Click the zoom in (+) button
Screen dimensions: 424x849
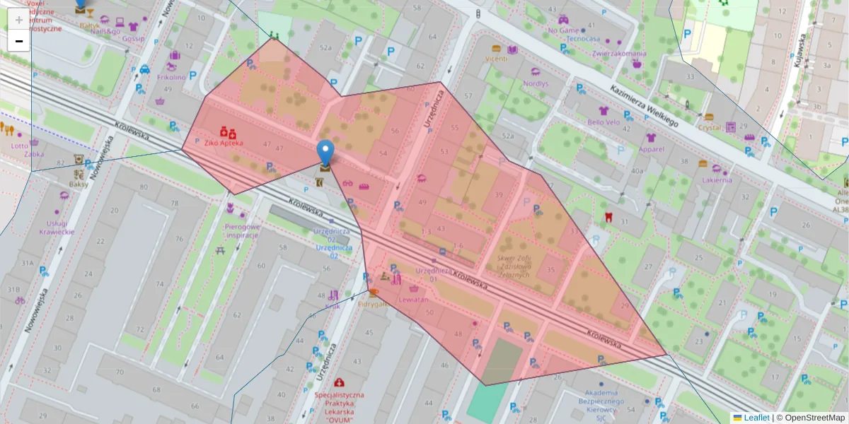19,20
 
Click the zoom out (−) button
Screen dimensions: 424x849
19,41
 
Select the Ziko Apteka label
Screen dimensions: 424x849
223,143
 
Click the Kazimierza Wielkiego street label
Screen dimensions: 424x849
644,105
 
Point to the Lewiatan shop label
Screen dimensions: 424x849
413,300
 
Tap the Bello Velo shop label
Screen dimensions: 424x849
603,122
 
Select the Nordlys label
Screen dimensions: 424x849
536,83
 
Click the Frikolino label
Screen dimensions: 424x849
171,77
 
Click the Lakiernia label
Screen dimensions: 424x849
717,179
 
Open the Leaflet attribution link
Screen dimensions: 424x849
756,418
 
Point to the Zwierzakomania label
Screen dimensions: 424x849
620,53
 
